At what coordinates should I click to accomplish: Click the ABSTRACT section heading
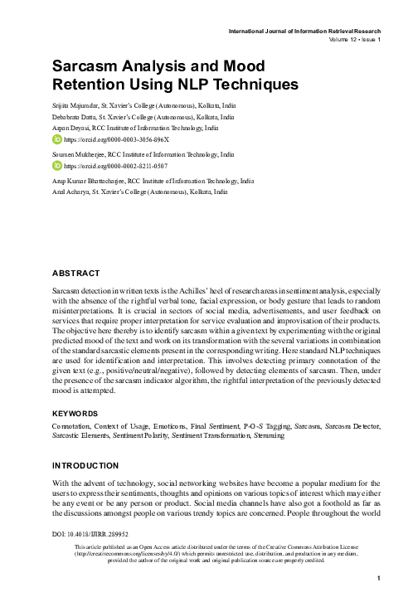[75, 273]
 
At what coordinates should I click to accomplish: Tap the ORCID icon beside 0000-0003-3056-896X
[57, 142]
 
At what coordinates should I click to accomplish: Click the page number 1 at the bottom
[377, 579]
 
